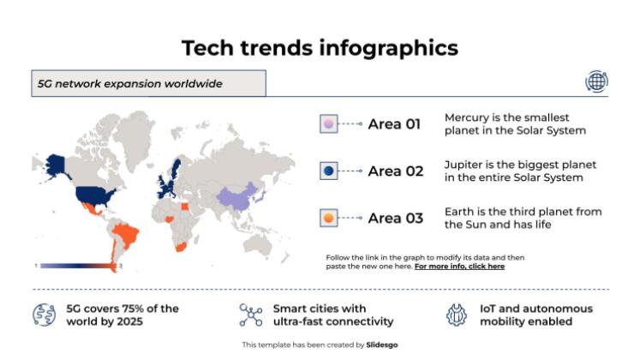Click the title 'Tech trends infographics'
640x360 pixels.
point(320,48)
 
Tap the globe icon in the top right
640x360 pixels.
point(596,81)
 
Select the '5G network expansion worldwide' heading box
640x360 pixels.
point(148,83)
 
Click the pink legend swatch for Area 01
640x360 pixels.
point(327,124)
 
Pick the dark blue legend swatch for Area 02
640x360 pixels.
point(327,171)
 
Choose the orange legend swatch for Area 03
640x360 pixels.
point(327,219)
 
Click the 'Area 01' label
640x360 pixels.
point(394,124)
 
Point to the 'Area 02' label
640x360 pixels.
point(395,171)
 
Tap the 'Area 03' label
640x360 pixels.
point(395,219)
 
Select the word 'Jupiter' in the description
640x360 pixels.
point(464,165)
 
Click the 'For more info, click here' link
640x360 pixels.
point(459,267)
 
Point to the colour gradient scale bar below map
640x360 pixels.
point(77,266)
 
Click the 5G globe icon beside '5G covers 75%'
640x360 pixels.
point(44,315)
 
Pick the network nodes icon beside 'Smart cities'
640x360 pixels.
point(250,315)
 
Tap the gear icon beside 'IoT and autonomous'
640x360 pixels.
point(456,315)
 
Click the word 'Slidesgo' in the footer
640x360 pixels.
point(382,345)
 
